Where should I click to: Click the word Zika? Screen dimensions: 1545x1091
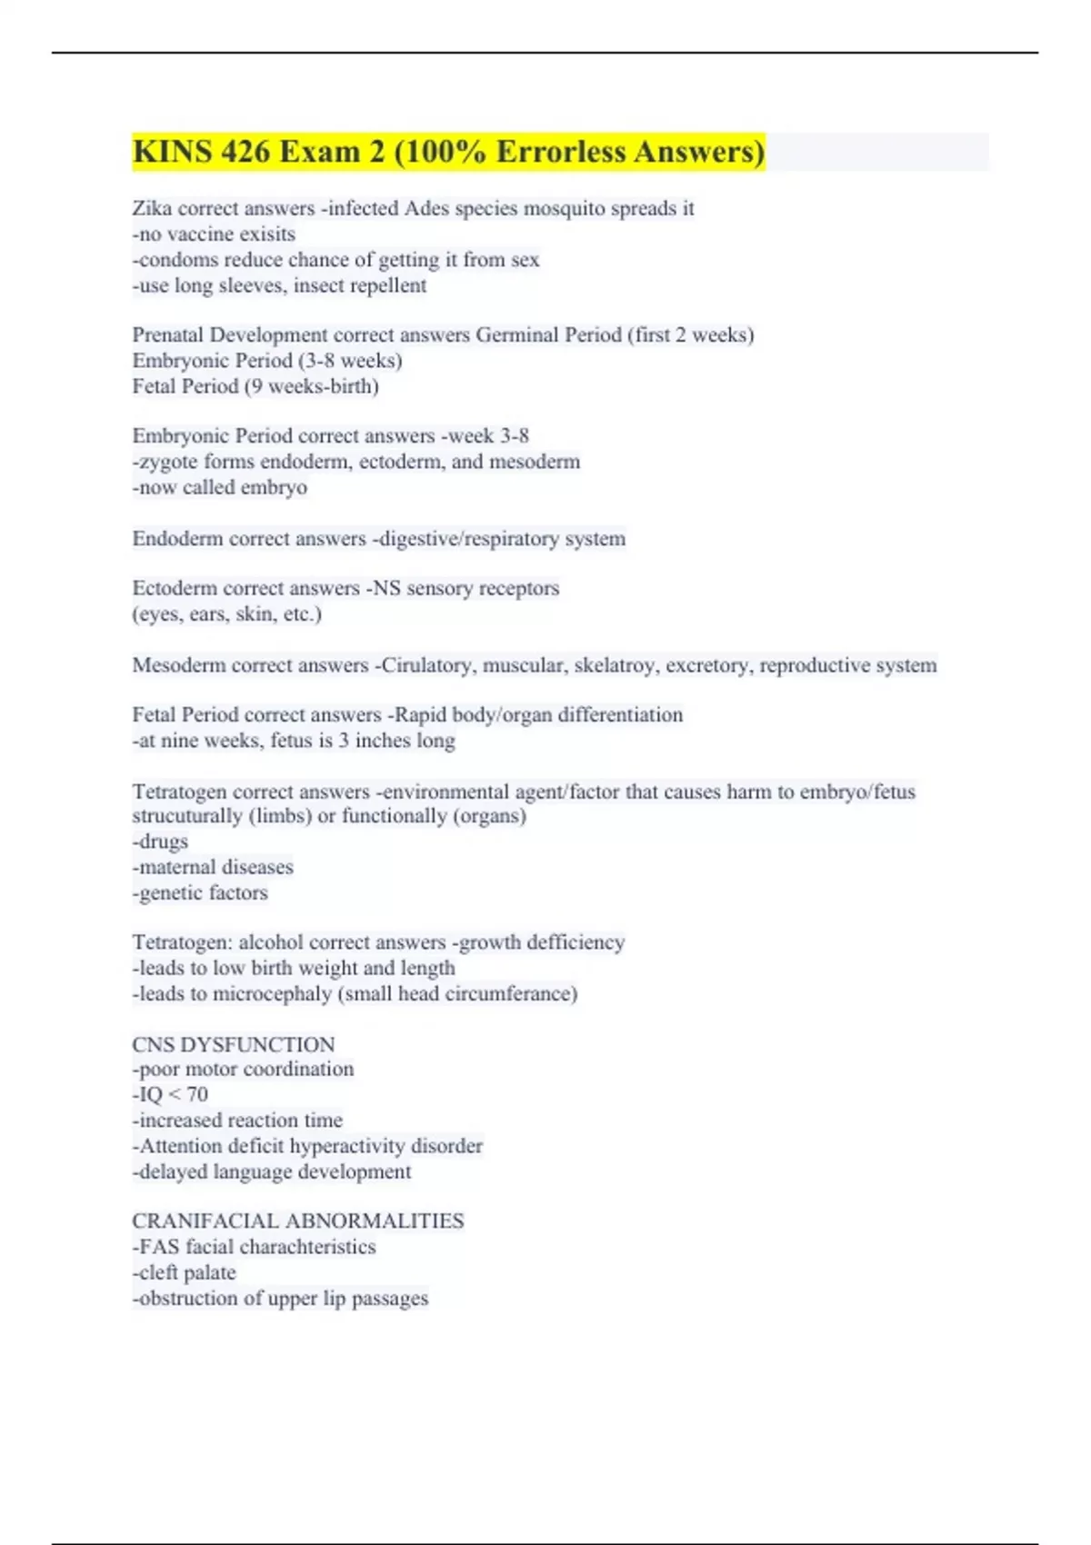152,208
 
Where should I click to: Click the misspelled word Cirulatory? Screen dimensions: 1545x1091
426,665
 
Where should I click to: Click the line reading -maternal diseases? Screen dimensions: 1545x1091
213,867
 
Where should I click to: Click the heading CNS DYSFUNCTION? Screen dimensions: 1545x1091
234,1044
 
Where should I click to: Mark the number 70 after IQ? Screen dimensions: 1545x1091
197,1094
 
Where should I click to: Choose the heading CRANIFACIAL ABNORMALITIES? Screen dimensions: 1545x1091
298,1221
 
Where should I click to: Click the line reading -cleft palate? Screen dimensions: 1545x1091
185,1272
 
